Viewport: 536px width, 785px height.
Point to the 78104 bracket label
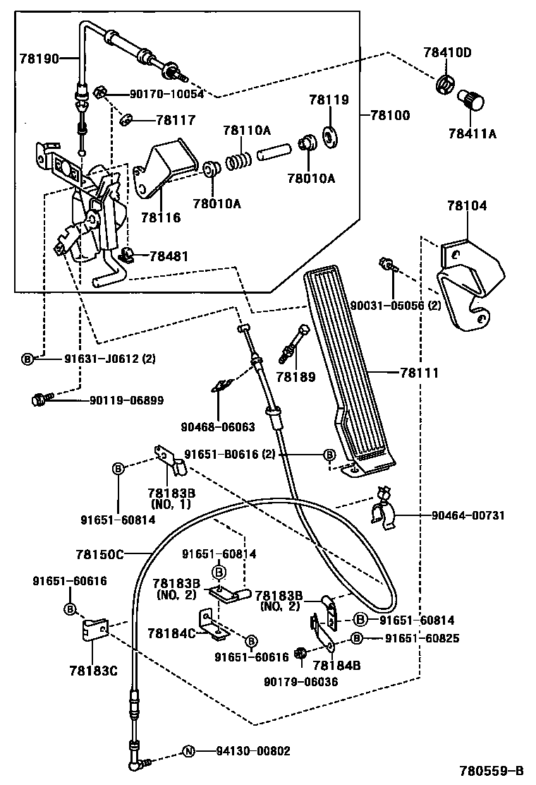(466, 206)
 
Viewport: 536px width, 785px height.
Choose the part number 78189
(296, 378)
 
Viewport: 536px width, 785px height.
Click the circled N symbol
(188, 751)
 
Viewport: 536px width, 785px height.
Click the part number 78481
(169, 255)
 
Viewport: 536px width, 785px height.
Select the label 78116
(160, 217)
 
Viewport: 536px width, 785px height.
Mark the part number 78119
(329, 100)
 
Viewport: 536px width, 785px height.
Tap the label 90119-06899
(126, 400)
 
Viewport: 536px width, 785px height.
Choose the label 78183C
(92, 670)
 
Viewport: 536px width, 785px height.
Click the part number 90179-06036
(301, 681)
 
